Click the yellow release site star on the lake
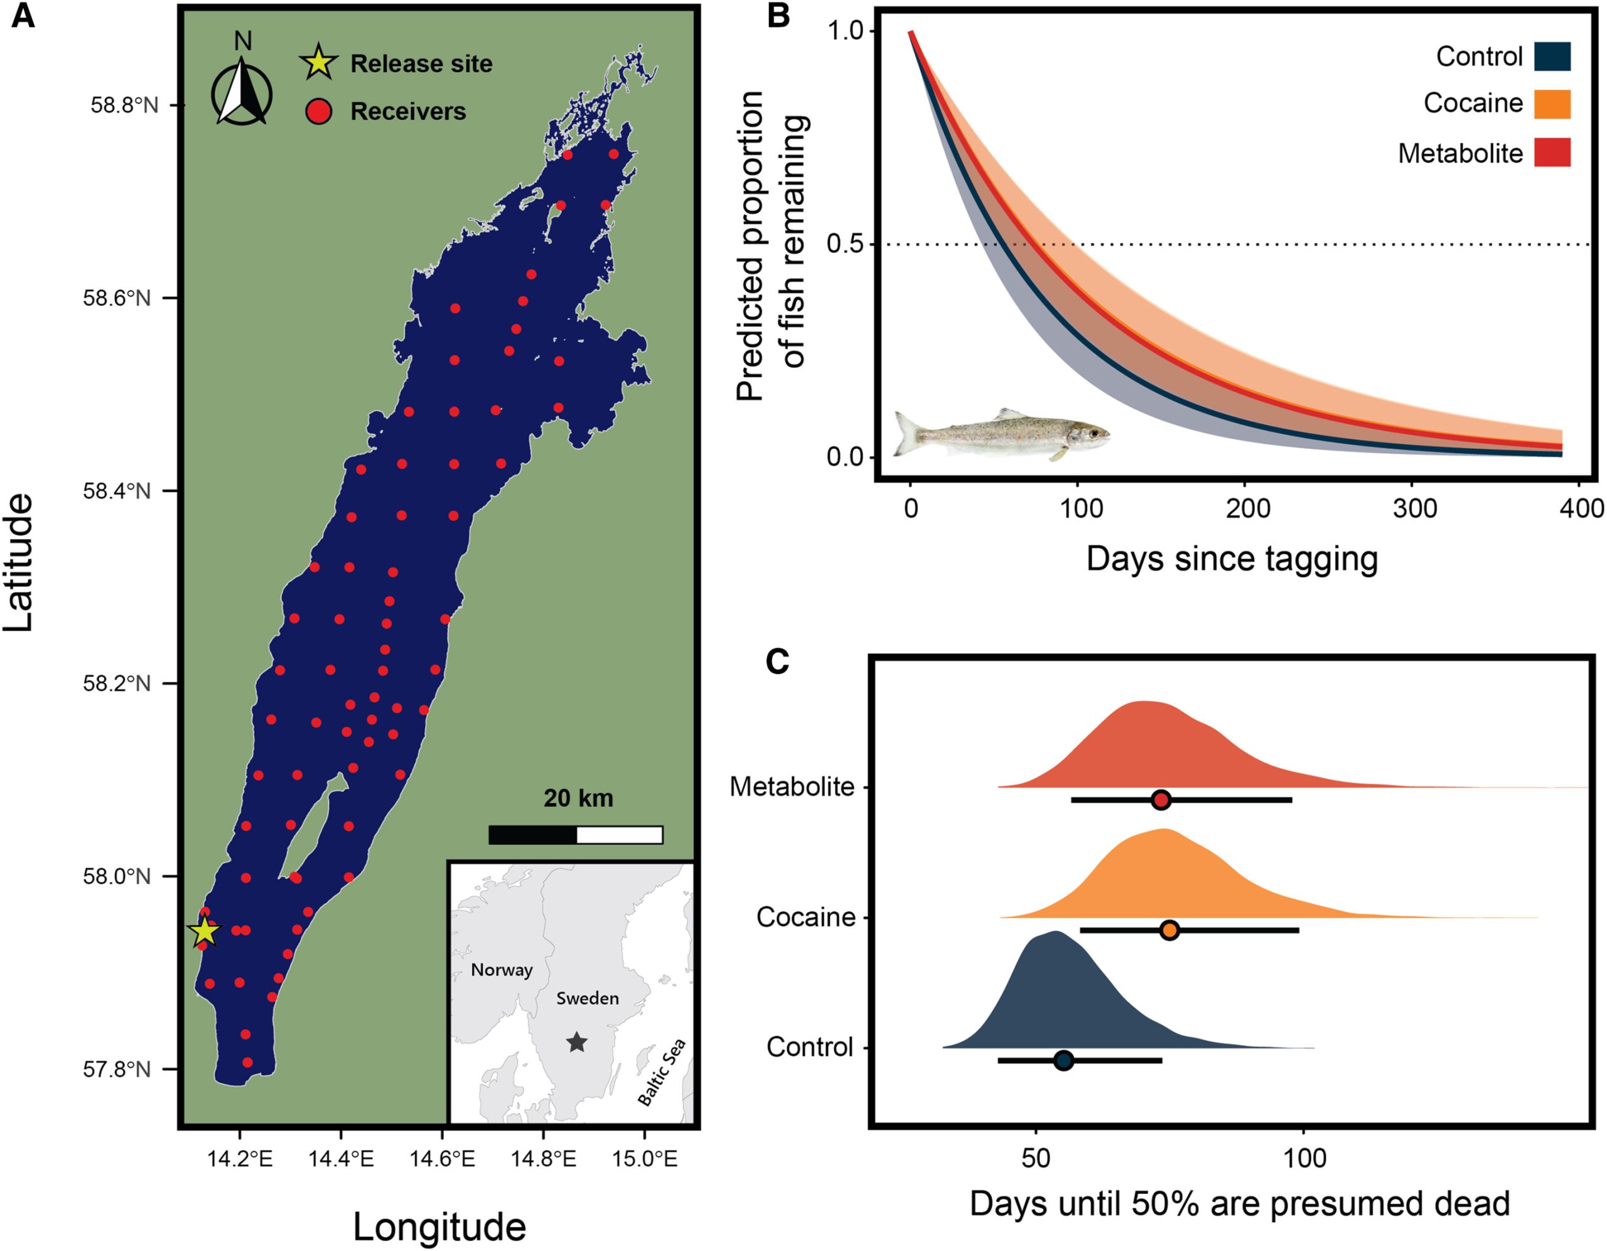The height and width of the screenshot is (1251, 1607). tap(205, 932)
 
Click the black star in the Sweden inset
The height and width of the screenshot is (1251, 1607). tap(576, 1042)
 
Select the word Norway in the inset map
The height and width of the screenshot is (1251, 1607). tap(501, 970)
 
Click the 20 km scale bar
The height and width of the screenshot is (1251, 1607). tap(576, 834)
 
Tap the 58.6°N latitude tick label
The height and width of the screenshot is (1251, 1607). tap(121, 299)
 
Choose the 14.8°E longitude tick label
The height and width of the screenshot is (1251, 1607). tap(543, 1159)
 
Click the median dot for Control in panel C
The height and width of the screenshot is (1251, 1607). tap(1063, 1060)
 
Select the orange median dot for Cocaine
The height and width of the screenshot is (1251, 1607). tap(1169, 930)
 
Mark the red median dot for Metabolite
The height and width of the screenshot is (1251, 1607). tap(1160, 800)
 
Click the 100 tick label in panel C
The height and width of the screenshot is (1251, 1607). tap(1304, 1158)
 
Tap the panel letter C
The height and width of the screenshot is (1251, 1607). tap(778, 662)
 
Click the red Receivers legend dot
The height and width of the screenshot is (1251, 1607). tap(319, 112)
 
